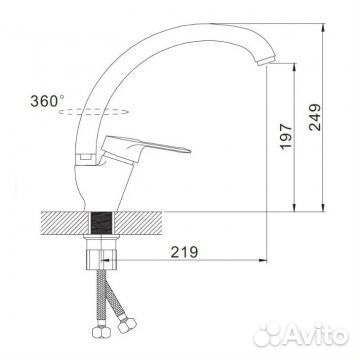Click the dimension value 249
315,117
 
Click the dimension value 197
286,136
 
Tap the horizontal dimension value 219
184,252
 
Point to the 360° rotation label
47,101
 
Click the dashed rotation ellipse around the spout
93,112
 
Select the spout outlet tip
266,61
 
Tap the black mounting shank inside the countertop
102,223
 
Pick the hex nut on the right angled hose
127,325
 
